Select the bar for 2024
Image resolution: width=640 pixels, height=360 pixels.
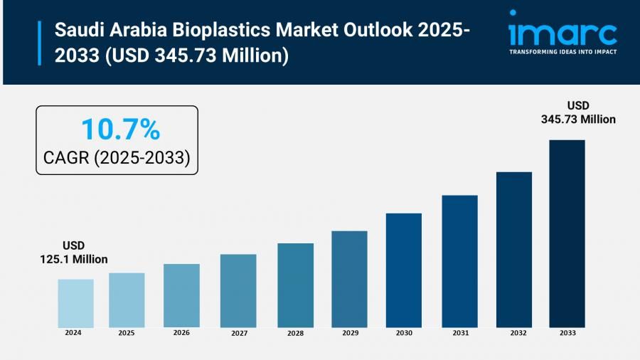[x=75, y=302]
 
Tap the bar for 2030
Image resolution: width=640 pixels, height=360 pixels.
[x=404, y=270]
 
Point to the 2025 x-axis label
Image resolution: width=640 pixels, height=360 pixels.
[x=127, y=332]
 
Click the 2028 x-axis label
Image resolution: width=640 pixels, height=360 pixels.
[x=295, y=333]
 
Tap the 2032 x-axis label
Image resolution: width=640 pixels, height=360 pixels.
[x=514, y=333]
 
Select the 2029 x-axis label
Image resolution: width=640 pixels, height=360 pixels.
[x=349, y=333]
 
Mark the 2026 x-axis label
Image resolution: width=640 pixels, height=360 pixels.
[x=181, y=332]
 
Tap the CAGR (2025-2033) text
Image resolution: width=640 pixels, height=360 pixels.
[x=117, y=158]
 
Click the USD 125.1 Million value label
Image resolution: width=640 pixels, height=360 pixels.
[x=73, y=253]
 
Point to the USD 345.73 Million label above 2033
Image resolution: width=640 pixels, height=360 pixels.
[x=578, y=112]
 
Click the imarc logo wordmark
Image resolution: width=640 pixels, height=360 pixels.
[x=562, y=33]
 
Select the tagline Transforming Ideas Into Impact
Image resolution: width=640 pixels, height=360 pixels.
[x=562, y=52]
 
